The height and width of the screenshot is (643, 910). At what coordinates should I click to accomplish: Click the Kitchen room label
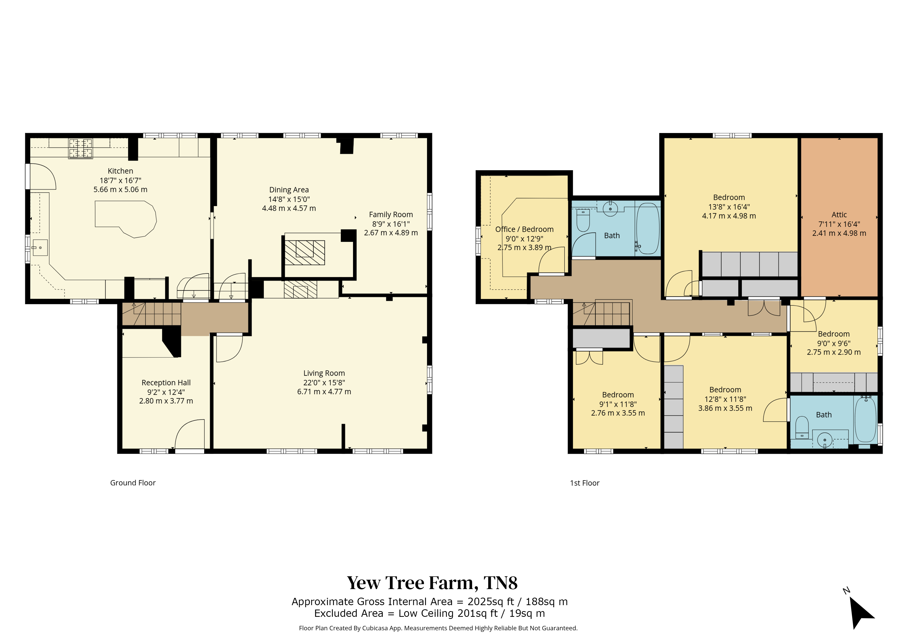(x=120, y=171)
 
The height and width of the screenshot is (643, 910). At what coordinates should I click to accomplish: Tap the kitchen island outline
(x=95, y=214)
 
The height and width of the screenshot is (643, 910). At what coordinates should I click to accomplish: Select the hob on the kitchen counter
(x=80, y=149)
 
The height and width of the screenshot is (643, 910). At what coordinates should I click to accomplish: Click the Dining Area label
(x=289, y=190)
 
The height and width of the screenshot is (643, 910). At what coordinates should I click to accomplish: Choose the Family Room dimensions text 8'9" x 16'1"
(x=391, y=224)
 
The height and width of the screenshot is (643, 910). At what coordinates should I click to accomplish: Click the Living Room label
(x=324, y=373)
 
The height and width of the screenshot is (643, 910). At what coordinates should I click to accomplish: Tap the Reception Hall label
(x=166, y=383)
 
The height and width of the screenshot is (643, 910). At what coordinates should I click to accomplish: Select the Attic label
(x=839, y=215)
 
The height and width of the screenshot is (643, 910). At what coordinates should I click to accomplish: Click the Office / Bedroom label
(x=524, y=229)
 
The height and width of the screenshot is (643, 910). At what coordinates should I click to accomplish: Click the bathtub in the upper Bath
(x=648, y=228)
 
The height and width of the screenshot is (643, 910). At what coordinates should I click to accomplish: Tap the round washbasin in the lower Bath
(x=825, y=440)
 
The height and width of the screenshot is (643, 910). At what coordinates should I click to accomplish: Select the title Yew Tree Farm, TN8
(x=432, y=583)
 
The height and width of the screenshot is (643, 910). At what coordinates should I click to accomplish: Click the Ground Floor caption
(x=133, y=483)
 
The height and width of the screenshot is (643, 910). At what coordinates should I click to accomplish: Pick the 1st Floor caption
(x=585, y=483)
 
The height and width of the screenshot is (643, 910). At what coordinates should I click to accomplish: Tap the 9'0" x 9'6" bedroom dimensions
(x=834, y=344)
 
